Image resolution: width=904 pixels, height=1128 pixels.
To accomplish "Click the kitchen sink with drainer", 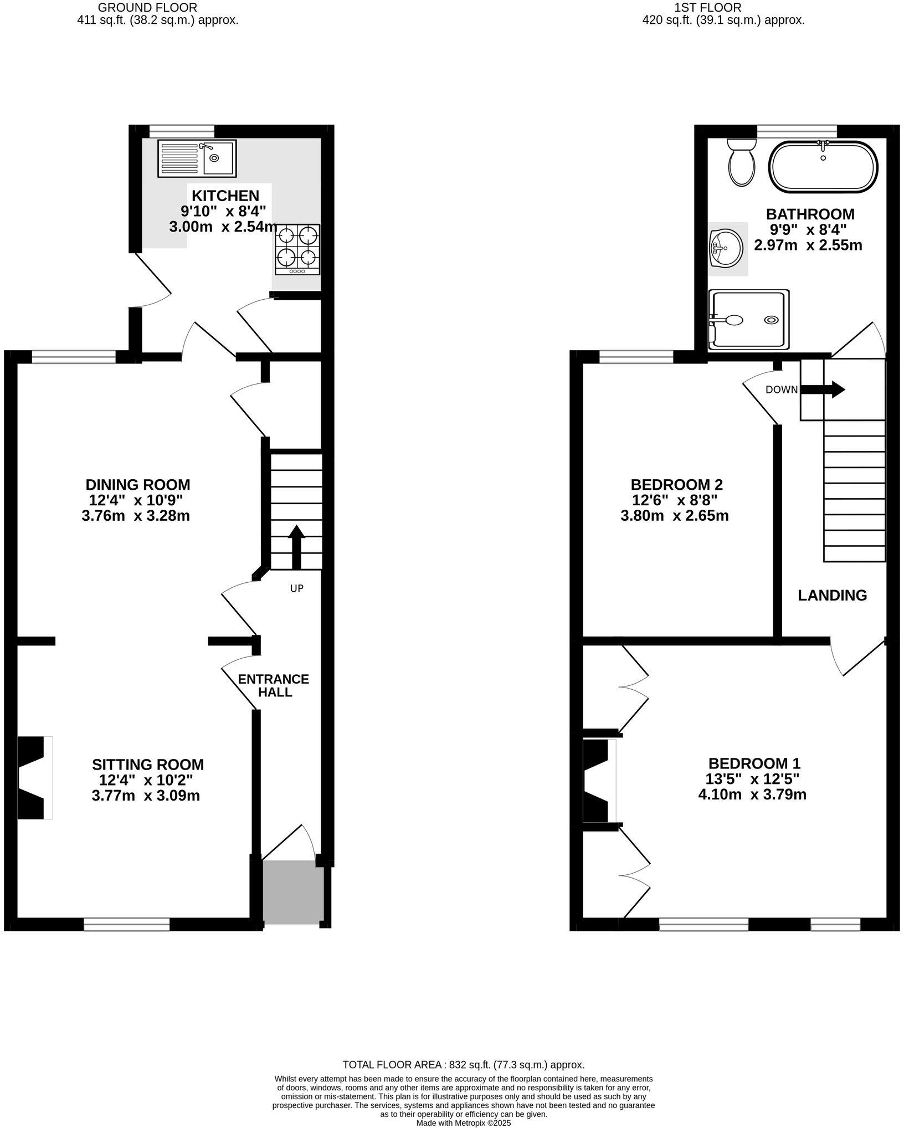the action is point(197,158).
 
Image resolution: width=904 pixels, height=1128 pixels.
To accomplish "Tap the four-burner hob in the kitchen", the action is point(297,249).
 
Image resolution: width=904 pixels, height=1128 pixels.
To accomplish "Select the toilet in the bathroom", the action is point(741,162).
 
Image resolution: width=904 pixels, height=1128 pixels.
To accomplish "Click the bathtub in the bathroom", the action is point(823,167).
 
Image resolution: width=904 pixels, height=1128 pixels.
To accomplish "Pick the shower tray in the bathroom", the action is point(748,319).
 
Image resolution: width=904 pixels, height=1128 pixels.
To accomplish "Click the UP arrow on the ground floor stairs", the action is point(297,547).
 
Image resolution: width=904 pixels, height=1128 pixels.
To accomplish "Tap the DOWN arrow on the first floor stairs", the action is point(823,389).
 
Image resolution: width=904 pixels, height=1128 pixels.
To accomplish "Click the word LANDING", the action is point(832,596).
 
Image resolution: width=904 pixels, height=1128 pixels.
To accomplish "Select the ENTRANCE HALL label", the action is point(274,686).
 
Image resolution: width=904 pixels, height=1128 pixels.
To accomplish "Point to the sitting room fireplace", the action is point(35,777).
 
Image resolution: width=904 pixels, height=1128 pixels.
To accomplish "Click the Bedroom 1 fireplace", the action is point(599,781).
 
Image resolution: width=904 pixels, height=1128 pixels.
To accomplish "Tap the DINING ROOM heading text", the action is point(138,485).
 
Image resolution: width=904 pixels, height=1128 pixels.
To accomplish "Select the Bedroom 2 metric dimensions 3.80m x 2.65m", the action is point(675,516).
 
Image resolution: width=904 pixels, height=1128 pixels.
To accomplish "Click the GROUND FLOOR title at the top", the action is point(147,8).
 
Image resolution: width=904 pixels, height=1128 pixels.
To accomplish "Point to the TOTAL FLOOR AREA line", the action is point(464,1065).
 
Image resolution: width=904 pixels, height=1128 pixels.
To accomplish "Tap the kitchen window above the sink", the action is point(182,131).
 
